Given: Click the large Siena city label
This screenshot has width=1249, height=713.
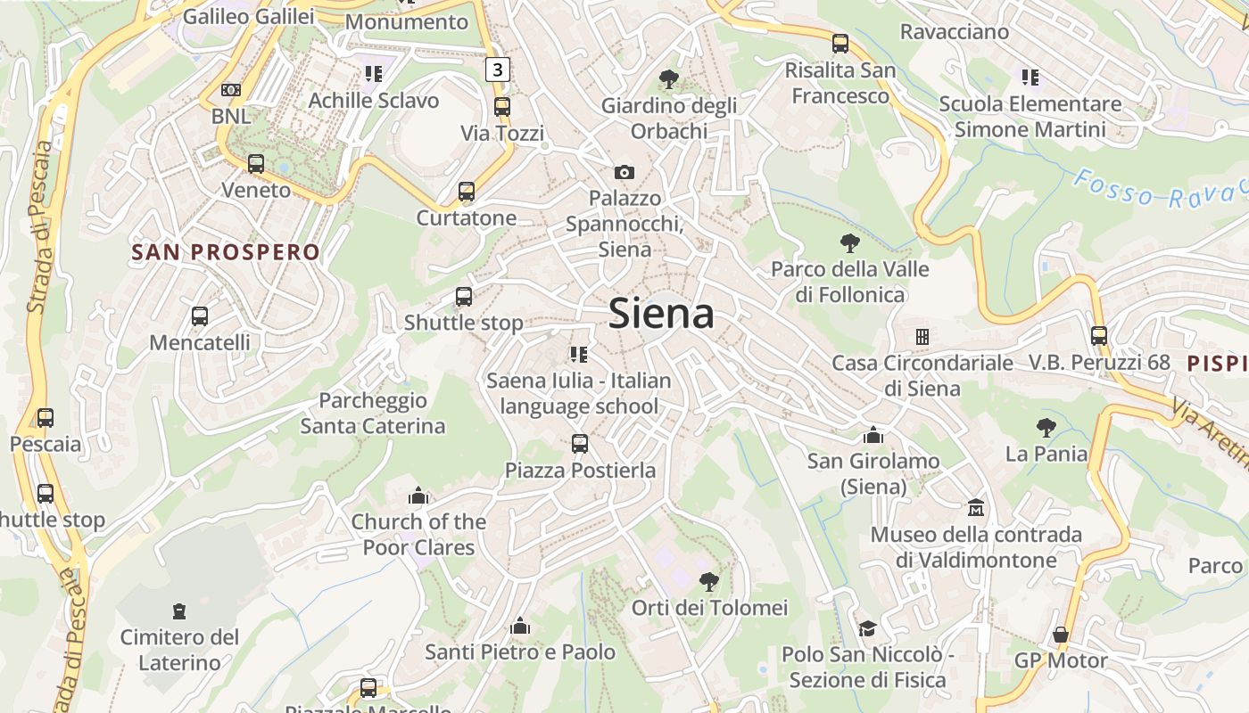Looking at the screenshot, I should coord(661,314).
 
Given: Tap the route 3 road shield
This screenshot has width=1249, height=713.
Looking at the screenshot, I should coord(498,69).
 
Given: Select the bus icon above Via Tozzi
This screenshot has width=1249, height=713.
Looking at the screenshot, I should coord(502,107).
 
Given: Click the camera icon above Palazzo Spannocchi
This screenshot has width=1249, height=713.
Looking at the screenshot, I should coord(624,172).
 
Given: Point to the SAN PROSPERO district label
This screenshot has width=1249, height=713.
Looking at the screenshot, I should coord(226,252).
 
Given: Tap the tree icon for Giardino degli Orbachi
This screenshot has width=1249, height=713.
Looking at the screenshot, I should coord(668,79).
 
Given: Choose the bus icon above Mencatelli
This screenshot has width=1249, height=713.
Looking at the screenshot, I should coord(200,316).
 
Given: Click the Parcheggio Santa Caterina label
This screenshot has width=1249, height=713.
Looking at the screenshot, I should coord(373,414).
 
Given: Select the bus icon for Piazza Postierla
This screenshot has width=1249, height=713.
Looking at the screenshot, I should coord(580,444).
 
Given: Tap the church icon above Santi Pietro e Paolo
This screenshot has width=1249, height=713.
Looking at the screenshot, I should coord(520,627).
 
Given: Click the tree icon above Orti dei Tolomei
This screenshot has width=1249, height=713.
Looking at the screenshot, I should coord(709,582).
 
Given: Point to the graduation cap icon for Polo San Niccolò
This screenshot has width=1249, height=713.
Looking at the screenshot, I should coord(866,629).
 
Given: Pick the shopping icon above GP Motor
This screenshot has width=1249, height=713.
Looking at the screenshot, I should coord(1061,635).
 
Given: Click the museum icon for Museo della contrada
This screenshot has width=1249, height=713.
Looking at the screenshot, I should coord(976,508).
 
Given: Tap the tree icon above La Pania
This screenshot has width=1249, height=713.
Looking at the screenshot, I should coord(1046,428).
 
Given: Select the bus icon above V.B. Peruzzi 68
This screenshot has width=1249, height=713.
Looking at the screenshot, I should coord(1099,336).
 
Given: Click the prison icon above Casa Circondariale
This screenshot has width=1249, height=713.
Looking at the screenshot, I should coord(922,337).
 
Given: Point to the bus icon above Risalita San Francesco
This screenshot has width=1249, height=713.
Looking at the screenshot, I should coord(840,43).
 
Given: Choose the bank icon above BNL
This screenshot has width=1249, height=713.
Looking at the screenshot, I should coord(231,90).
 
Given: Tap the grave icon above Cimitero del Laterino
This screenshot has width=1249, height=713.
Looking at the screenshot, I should coord(179,611).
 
